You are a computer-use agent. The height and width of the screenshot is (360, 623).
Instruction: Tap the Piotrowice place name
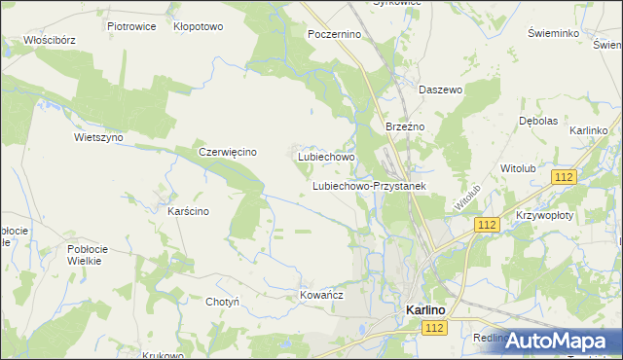[131, 26]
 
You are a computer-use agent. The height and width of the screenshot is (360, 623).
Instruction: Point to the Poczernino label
[334, 33]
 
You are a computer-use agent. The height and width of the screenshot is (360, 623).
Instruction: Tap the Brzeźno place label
[402, 127]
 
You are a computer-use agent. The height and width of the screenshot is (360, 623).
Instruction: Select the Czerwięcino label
[227, 152]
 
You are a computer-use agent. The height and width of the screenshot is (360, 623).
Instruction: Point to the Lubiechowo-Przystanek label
[369, 185]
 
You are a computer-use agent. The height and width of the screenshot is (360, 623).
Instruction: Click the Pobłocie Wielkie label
[87, 256]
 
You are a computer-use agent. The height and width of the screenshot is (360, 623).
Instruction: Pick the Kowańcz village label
[322, 292]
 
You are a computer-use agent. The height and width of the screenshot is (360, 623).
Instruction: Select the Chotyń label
[222, 302]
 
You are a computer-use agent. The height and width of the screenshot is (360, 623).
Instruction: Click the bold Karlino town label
[425, 309]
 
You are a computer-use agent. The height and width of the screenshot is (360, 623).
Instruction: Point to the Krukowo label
[164, 355]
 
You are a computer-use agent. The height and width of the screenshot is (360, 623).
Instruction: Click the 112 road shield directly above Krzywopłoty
[563, 176]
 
